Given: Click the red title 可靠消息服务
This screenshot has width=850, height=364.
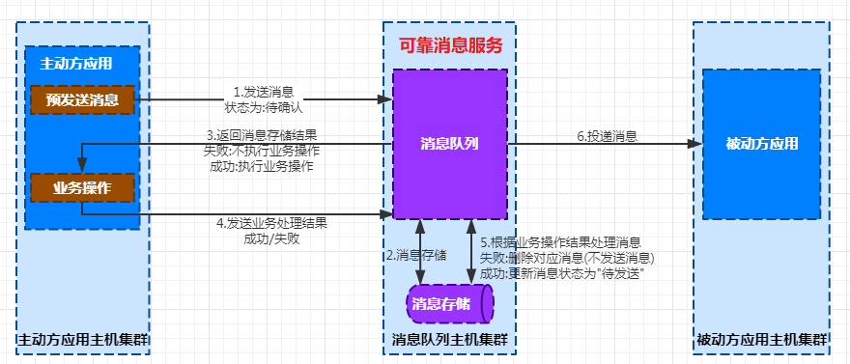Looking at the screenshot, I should click(451, 44).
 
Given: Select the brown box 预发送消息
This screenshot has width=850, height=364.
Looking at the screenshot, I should click(81, 99).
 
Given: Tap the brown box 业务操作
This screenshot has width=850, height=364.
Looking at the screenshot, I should click(81, 187).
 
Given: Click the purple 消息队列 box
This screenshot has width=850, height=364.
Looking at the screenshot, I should click(449, 144).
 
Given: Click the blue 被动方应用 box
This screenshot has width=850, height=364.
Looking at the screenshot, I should click(761, 144).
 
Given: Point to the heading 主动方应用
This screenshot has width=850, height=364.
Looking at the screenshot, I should click(75, 64).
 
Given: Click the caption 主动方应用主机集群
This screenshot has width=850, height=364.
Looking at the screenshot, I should click(84, 340).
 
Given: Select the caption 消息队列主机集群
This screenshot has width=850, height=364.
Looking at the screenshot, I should click(450, 340).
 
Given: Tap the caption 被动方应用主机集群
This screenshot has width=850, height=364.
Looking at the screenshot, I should click(762, 340).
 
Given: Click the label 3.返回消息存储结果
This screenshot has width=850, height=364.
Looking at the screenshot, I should click(262, 135).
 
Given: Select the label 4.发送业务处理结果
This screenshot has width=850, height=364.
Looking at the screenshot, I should click(271, 222).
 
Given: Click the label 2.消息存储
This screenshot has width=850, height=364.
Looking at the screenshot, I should click(415, 256).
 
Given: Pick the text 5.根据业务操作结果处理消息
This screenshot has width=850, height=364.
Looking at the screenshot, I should click(560, 242).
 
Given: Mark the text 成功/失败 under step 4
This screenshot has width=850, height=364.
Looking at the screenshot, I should click(271, 238).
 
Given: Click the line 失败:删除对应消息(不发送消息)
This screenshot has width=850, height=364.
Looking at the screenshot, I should click(567, 258).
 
